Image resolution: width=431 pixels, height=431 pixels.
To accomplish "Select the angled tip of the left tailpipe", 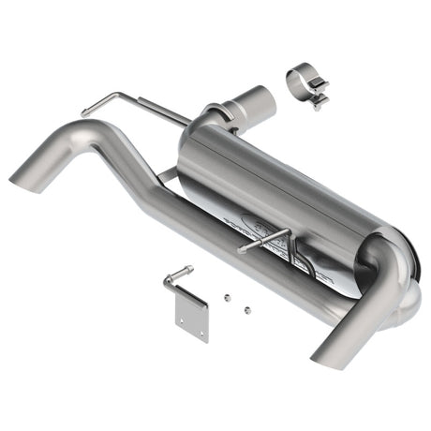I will pyautogui.click(x=25, y=176).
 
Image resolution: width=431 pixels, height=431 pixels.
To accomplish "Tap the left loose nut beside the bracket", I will pyautogui.click(x=228, y=297).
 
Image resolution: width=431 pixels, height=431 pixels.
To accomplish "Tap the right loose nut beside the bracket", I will pyautogui.click(x=246, y=308).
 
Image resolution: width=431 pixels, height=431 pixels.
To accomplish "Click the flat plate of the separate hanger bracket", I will pyautogui.click(x=192, y=317).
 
